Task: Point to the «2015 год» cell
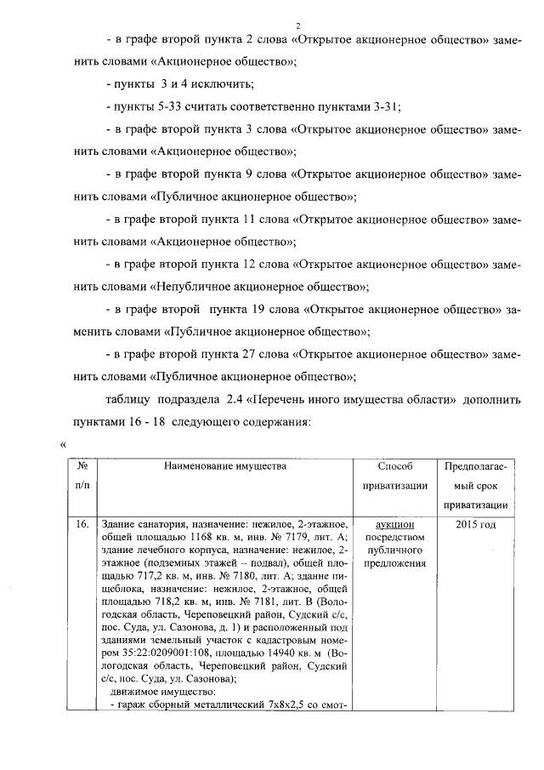point(475,525)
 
